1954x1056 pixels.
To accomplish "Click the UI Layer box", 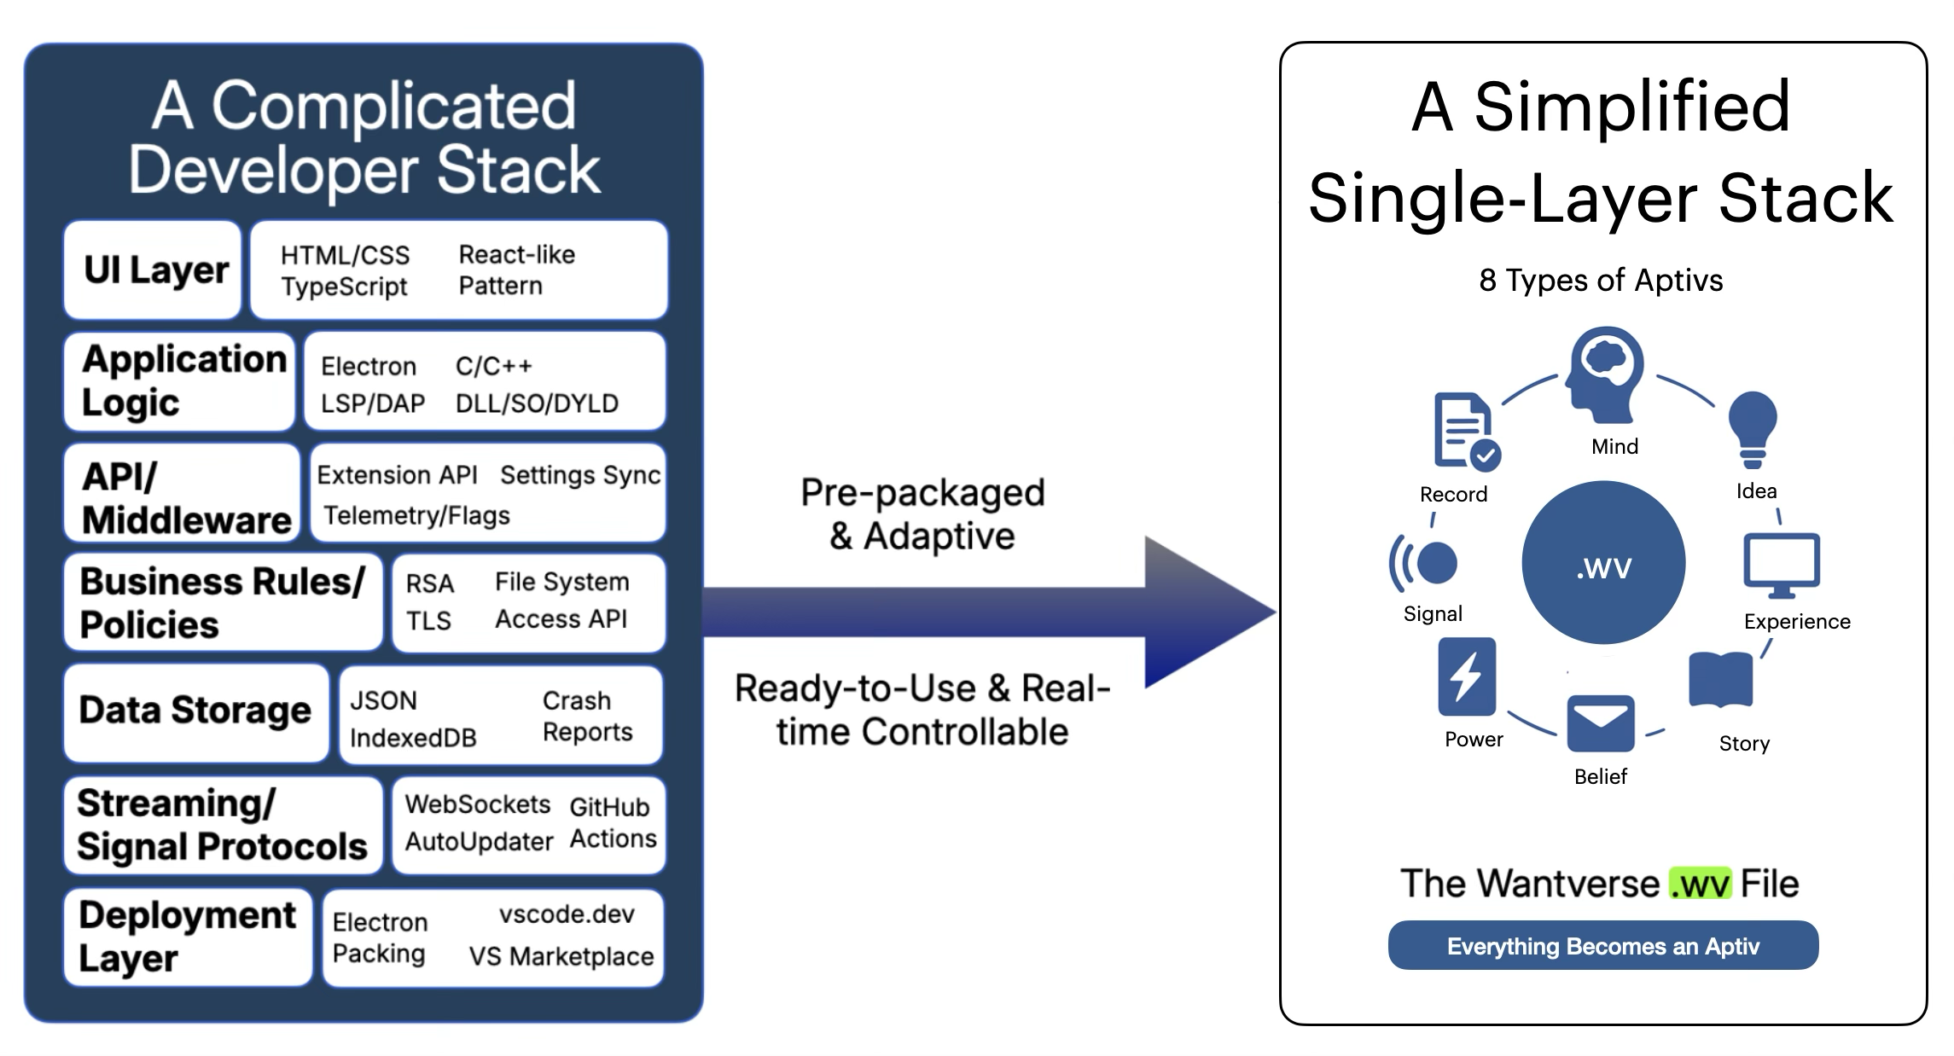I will (x=154, y=270).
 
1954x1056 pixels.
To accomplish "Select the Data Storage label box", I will (x=196, y=712).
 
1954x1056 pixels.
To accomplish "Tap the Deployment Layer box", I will (x=188, y=937).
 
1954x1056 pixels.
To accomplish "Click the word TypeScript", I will (x=345, y=287).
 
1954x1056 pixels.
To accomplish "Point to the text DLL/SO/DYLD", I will (x=537, y=403).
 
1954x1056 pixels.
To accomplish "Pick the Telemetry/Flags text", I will (x=416, y=515).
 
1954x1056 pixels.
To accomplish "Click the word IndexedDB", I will (x=413, y=738).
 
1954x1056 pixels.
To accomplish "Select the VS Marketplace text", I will (x=561, y=956).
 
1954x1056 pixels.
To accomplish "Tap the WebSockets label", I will (x=478, y=804).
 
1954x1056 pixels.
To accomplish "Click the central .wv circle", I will (x=1603, y=563).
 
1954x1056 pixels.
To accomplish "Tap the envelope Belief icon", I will (x=1601, y=723).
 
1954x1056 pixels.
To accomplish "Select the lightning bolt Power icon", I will (x=1467, y=676).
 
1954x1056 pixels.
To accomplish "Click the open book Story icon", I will (x=1721, y=680).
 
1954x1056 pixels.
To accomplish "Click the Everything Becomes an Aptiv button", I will (x=1602, y=945).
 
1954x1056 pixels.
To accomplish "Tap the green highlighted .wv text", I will (x=1700, y=884).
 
